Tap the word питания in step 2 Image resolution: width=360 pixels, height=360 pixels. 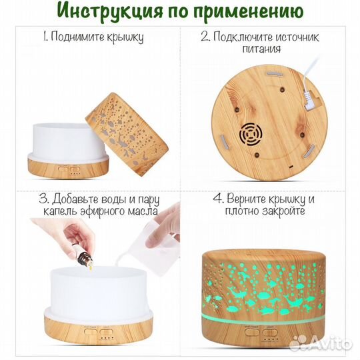270,49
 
